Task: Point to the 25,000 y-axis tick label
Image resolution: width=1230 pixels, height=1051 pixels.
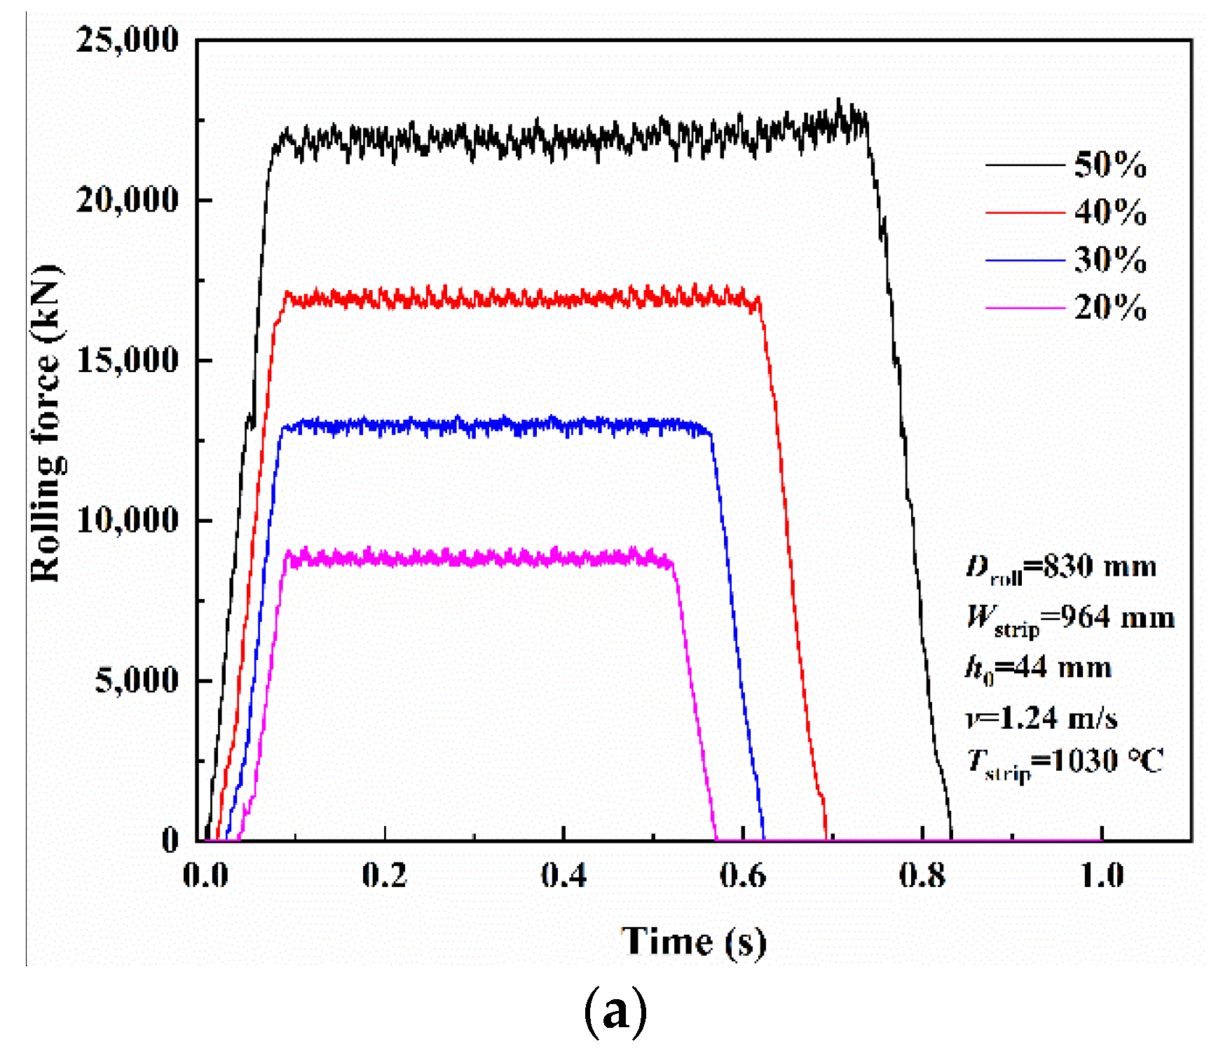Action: click(x=128, y=39)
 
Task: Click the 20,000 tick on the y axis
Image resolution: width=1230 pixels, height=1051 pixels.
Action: click(x=128, y=200)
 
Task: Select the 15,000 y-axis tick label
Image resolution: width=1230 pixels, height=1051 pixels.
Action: click(x=128, y=360)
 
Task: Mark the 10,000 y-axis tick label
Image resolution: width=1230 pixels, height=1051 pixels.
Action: click(x=128, y=520)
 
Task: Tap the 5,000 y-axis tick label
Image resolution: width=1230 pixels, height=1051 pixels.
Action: click(x=137, y=680)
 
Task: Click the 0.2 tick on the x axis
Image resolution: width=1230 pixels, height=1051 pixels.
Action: click(x=384, y=875)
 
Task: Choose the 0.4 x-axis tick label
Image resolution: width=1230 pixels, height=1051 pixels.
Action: click(x=563, y=875)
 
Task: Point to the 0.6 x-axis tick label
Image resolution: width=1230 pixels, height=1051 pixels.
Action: click(x=743, y=875)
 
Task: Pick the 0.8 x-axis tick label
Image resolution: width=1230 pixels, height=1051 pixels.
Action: click(x=922, y=875)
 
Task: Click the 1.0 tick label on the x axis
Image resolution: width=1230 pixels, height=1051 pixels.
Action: click(x=1102, y=875)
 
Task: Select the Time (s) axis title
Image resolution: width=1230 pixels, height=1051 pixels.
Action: click(x=693, y=941)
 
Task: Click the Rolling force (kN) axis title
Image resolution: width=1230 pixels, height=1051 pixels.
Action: click(x=46, y=423)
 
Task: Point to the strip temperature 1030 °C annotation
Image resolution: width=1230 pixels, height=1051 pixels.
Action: click(x=1065, y=762)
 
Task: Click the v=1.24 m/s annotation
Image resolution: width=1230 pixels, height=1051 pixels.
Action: click(x=1041, y=718)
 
